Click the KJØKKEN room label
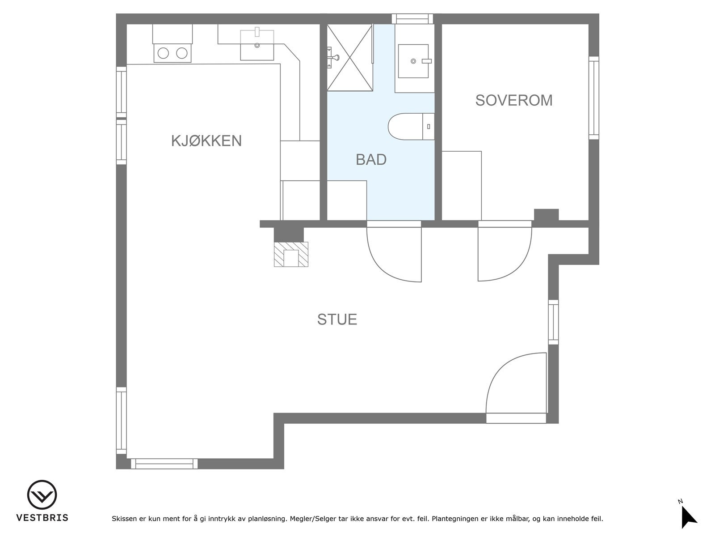(x=206, y=141)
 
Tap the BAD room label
(x=371, y=159)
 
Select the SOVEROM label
(x=514, y=100)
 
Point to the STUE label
(x=337, y=319)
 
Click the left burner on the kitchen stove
(x=163, y=53)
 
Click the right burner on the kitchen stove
(x=182, y=53)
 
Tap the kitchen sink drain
(x=257, y=45)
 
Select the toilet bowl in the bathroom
(x=405, y=127)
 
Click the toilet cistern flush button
(x=429, y=127)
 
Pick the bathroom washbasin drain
(x=413, y=61)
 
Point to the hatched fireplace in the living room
(x=291, y=254)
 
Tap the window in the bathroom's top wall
(x=412, y=19)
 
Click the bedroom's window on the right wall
(x=593, y=98)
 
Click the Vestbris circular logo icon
(x=42, y=494)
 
